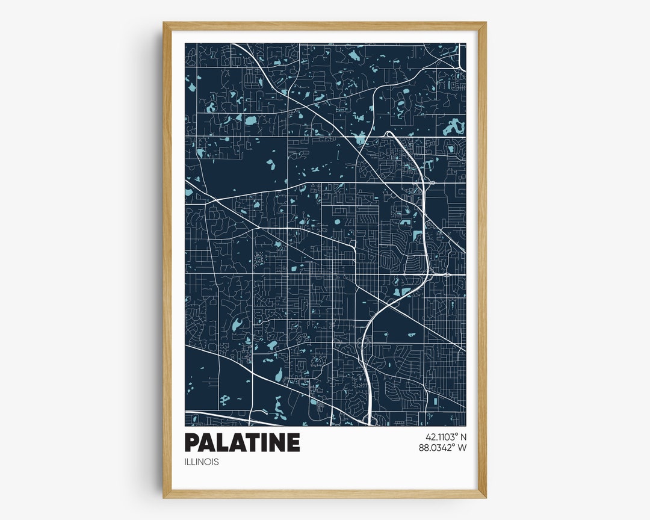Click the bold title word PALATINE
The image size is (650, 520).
pos(242,442)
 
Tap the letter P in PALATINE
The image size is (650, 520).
pos(192,442)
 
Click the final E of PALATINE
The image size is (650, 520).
pos(292,442)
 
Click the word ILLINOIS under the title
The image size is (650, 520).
pos(202,462)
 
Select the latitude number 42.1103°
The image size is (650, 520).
pos(441,437)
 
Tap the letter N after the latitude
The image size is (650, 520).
pos(463,437)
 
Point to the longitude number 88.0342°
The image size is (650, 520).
pos(438,448)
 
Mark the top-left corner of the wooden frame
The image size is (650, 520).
pos(164,23)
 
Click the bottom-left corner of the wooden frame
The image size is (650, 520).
pos(164,497)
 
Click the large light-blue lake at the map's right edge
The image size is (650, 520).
pos(454,127)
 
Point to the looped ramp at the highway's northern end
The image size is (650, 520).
pos(389,135)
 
